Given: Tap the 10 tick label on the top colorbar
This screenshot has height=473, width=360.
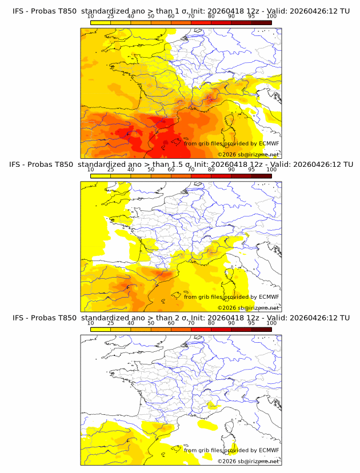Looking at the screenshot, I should [90, 16].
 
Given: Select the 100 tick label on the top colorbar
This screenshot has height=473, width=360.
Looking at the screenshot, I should [271, 16].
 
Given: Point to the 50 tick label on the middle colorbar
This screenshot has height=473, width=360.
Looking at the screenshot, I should [151, 170].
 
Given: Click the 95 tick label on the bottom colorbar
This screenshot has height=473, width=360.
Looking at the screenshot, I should [251, 323].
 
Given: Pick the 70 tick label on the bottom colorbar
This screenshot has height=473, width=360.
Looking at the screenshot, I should [191, 323].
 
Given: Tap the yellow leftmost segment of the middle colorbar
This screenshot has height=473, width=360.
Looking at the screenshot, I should [100, 175].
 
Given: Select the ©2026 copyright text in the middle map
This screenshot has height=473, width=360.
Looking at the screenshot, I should [248, 307].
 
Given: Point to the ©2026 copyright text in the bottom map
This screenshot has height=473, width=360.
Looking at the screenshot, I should [248, 460].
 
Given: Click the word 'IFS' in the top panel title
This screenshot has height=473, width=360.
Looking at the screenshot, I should [18, 11].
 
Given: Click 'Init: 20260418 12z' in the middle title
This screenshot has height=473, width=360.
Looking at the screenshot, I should [228, 165].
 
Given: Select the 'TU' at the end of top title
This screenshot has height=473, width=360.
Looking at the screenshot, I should [344, 11].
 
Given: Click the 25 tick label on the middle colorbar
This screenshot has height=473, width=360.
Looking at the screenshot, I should [110, 170].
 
